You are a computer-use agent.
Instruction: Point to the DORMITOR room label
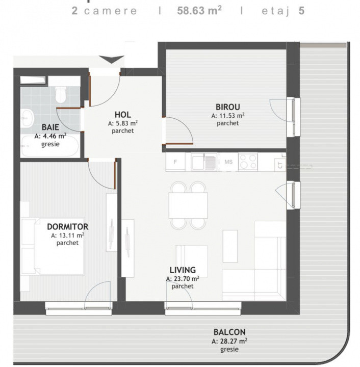coord(67,227)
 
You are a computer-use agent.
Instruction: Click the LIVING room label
coord(183,270)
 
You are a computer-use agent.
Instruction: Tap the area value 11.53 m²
coord(228,116)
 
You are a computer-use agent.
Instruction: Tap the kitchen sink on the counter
coord(204,162)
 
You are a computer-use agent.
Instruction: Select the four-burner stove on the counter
coord(248,162)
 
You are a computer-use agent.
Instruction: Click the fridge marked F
coord(176,162)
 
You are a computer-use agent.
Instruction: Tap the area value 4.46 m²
coord(50,137)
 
